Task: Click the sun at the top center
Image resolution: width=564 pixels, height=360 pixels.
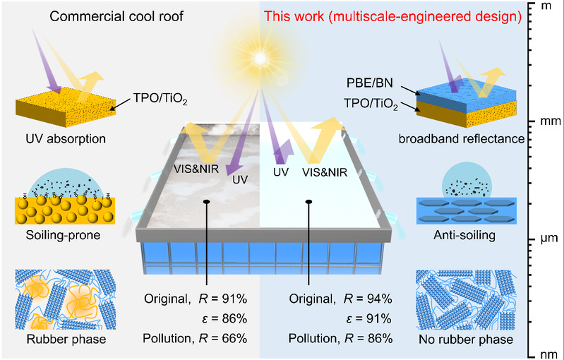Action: pyautogui.click(x=260, y=58)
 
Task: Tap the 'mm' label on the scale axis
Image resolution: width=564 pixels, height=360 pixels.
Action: pyautogui.click(x=551, y=121)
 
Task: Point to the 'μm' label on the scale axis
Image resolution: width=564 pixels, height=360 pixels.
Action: pyautogui.click(x=549, y=239)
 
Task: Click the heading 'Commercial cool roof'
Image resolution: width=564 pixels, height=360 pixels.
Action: pyautogui.click(x=116, y=16)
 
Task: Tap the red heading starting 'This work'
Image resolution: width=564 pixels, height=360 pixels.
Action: pyautogui.click(x=392, y=16)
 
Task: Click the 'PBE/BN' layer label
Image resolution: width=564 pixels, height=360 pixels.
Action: pyautogui.click(x=370, y=83)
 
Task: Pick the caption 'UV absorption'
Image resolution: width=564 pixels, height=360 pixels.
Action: pyautogui.click(x=66, y=139)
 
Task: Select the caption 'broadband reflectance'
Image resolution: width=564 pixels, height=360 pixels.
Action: pyautogui.click(x=462, y=139)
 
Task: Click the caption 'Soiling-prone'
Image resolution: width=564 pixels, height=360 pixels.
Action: pyautogui.click(x=63, y=235)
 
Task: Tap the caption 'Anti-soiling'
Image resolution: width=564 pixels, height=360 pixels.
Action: pyautogui.click(x=464, y=235)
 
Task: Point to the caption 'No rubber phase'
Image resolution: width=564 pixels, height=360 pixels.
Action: pyautogui.click(x=466, y=339)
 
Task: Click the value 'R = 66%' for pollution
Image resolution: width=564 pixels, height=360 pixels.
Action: pyautogui.click(x=223, y=338)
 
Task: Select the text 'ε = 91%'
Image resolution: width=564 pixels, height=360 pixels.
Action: pyautogui.click(x=368, y=318)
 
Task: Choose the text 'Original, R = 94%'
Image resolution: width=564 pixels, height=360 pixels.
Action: pyautogui.click(x=340, y=299)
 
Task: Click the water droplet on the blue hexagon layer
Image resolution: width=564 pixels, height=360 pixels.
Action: pyautogui.click(x=466, y=179)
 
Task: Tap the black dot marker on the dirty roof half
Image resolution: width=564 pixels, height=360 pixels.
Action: pyautogui.click(x=206, y=202)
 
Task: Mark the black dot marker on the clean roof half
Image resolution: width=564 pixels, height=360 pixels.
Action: pyautogui.click(x=308, y=202)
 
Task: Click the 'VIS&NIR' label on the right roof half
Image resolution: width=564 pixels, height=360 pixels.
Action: pyautogui.click(x=325, y=173)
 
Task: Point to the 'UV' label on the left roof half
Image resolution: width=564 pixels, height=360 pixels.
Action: pyautogui.click(x=240, y=179)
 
